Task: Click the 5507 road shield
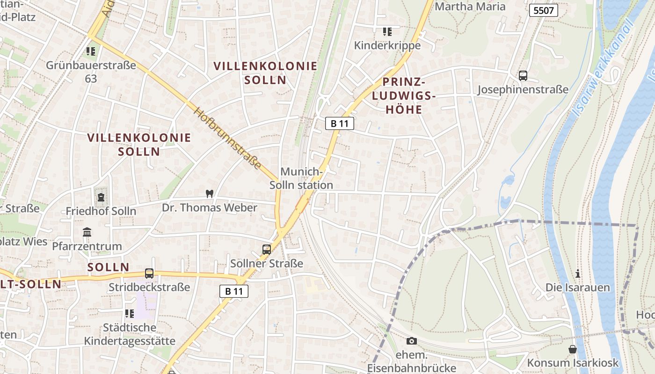(544, 10)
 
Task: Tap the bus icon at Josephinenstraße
(523, 75)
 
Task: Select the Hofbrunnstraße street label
(227, 138)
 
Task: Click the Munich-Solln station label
(301, 178)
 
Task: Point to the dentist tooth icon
(210, 194)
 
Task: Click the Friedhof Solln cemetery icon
(101, 197)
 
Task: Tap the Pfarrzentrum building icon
(87, 232)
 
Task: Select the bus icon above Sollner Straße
(266, 249)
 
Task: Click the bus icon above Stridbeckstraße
(149, 273)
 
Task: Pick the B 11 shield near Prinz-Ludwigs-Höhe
(340, 123)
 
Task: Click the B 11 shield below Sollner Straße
(234, 291)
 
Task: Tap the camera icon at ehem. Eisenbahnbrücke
(412, 341)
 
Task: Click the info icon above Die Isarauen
(578, 273)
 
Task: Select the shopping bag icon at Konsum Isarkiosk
(573, 349)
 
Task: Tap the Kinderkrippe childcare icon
(387, 32)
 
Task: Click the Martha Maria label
(470, 7)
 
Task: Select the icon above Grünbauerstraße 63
(91, 51)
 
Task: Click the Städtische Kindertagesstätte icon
(130, 313)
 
